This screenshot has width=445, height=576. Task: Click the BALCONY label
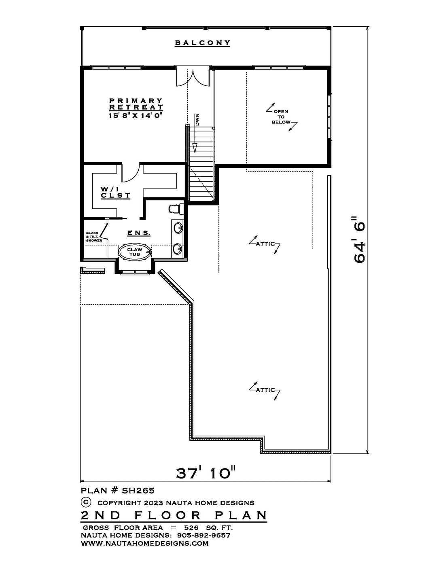click(202, 43)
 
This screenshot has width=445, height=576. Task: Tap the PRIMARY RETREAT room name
click(136, 104)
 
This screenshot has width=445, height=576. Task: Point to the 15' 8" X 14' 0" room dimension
click(135, 115)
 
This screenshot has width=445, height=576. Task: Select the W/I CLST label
click(115, 193)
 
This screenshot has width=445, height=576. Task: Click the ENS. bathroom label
click(139, 233)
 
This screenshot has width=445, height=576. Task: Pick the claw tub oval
click(134, 252)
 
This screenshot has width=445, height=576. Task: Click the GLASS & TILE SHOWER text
click(94, 237)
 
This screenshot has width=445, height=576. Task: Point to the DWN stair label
click(198, 120)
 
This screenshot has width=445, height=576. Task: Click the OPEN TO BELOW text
click(281, 117)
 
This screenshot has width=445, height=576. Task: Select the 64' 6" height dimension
click(359, 240)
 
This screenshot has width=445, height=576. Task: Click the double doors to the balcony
click(194, 77)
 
